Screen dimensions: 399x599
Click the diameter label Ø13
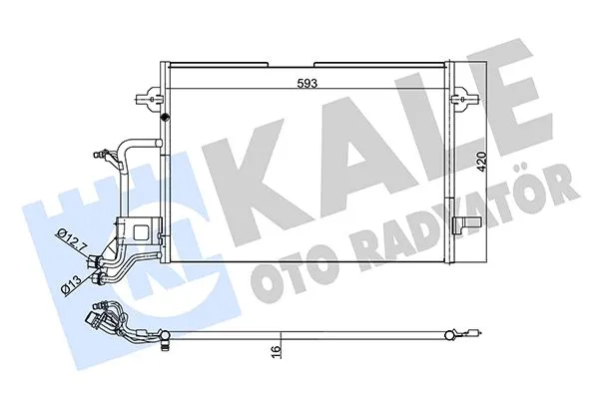coord(71,283)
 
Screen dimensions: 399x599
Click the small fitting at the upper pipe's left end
coord(96,153)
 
